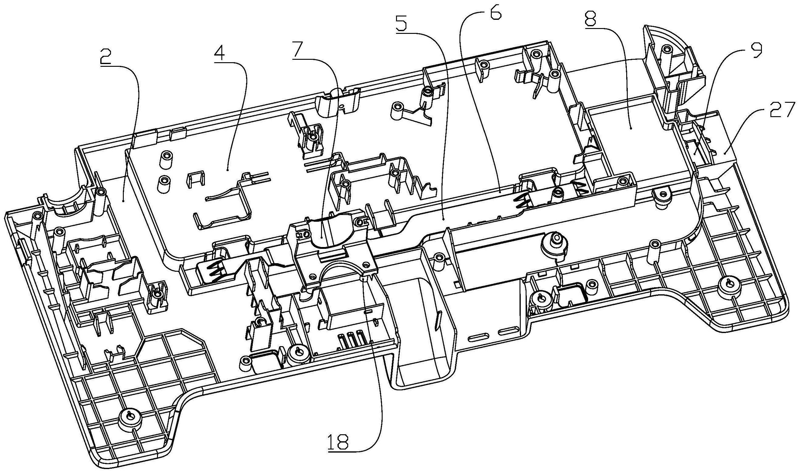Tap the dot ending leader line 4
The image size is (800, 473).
(x=227, y=170)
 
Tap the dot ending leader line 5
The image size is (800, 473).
(x=444, y=220)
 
